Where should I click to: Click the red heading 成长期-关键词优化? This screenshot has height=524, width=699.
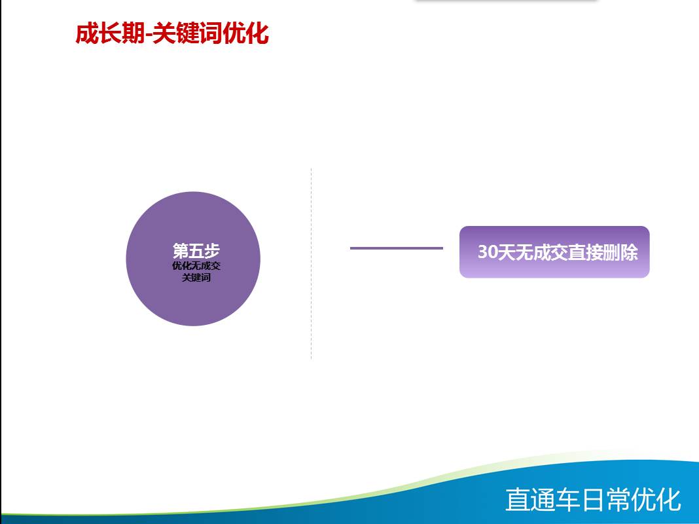pyautogui.click(x=172, y=33)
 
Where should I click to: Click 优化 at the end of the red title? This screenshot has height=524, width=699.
pyautogui.click(x=245, y=33)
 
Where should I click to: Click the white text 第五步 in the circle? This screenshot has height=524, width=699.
pyautogui.click(x=196, y=251)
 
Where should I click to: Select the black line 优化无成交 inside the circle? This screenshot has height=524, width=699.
pyautogui.click(x=196, y=266)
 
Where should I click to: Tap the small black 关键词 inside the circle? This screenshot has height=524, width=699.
pyautogui.click(x=196, y=277)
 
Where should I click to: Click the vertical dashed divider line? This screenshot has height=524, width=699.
pyautogui.click(x=311, y=263)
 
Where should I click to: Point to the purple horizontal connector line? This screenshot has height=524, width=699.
pyautogui.click(x=397, y=248)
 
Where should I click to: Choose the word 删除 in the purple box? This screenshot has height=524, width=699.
pyautogui.click(x=620, y=252)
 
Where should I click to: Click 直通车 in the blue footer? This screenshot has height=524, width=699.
pyautogui.click(x=543, y=499)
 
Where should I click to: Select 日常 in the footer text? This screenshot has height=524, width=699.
pyautogui.click(x=606, y=499)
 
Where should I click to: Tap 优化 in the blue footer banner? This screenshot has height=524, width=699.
pyautogui.click(x=656, y=499)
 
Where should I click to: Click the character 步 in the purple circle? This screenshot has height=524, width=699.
pyautogui.click(x=212, y=251)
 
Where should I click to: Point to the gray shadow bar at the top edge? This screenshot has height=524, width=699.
pyautogui.click(x=506, y=1)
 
